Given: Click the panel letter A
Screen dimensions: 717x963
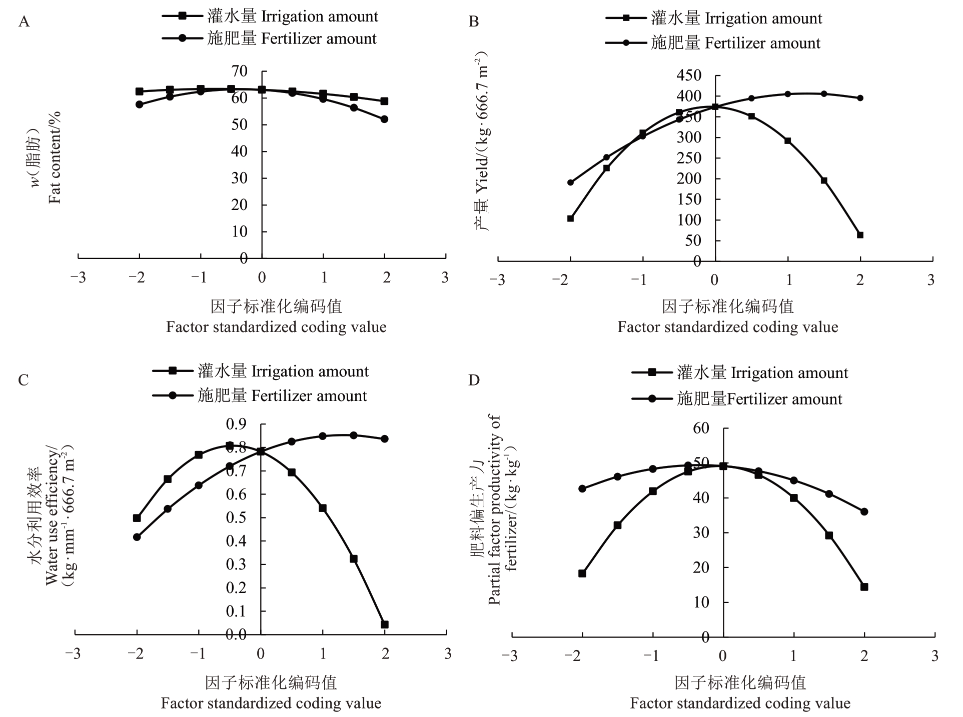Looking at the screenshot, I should pos(24,22).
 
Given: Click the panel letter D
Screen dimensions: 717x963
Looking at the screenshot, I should pos(473,380).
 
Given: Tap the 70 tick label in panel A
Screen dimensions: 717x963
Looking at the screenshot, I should pos(239,71).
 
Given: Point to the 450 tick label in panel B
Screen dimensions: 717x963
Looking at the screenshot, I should pos(689,75).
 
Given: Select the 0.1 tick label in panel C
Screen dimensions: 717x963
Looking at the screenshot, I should pos(236,611).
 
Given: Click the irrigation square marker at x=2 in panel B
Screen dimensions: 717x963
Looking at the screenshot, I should pos(860,235).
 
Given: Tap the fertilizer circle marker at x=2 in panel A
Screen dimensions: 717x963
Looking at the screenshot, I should pos(384,119).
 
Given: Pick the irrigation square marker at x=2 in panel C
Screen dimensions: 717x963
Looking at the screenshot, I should pos(384,624).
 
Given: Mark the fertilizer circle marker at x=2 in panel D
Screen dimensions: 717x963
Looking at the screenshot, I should pos(864,511).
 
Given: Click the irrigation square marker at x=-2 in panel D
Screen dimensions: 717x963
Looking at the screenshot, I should pos(582,573).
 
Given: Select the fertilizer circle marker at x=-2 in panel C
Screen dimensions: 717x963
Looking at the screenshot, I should pos(137,537).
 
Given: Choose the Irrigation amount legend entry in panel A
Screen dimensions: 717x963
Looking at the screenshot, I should pos(270,16).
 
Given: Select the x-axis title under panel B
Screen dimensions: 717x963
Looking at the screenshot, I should pos(727,316).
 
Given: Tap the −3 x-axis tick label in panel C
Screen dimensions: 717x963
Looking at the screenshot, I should pos(74,654).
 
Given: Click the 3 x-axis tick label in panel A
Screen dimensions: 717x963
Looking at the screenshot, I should pos(445,278).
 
